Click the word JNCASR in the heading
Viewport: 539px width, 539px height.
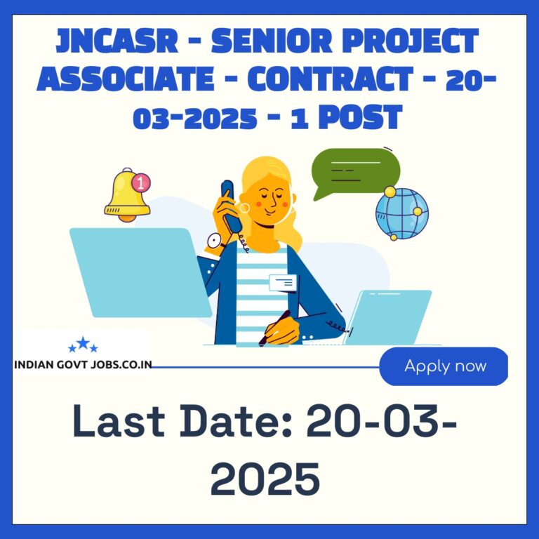point(117,41)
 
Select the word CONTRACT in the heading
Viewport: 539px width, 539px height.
point(330,79)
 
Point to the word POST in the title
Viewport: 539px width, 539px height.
point(360,117)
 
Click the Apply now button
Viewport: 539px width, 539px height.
point(444,366)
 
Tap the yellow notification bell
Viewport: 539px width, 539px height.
point(127,195)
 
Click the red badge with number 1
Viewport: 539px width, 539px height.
point(141,182)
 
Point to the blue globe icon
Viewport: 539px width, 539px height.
point(402,213)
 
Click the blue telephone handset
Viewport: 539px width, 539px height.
point(231,206)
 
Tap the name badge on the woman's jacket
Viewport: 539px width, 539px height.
point(283,283)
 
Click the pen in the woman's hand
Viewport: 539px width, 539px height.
point(274,328)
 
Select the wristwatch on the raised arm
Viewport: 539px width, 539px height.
point(215,241)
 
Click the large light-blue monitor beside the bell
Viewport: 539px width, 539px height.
point(140,272)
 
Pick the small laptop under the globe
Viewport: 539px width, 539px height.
point(387,317)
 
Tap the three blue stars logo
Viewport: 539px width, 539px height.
point(83,345)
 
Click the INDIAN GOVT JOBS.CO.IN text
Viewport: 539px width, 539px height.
point(83,365)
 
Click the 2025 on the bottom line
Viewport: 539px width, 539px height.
point(265,478)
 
